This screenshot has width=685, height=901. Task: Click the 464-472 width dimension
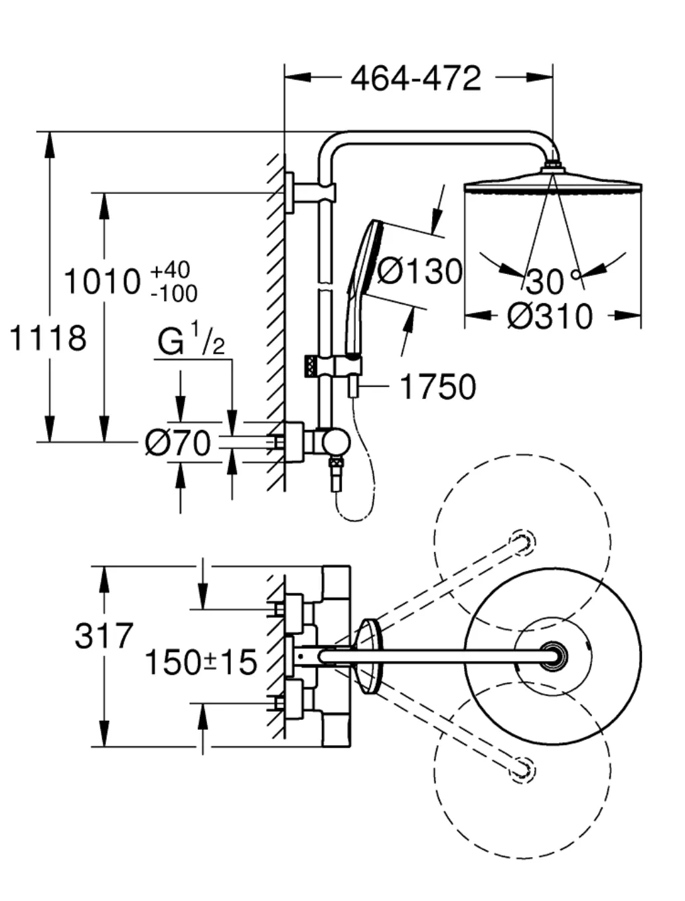416,78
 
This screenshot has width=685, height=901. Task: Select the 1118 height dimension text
48,338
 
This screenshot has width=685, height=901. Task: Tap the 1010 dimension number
103,281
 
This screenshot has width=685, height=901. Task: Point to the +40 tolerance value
170,269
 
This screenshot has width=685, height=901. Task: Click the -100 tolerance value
174,293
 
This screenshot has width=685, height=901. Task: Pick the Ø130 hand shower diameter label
419,271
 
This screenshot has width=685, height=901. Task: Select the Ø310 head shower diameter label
550,316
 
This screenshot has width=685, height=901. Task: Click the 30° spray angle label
553,281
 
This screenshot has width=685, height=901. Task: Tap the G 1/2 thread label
191,340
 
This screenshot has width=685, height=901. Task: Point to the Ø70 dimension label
178,443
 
